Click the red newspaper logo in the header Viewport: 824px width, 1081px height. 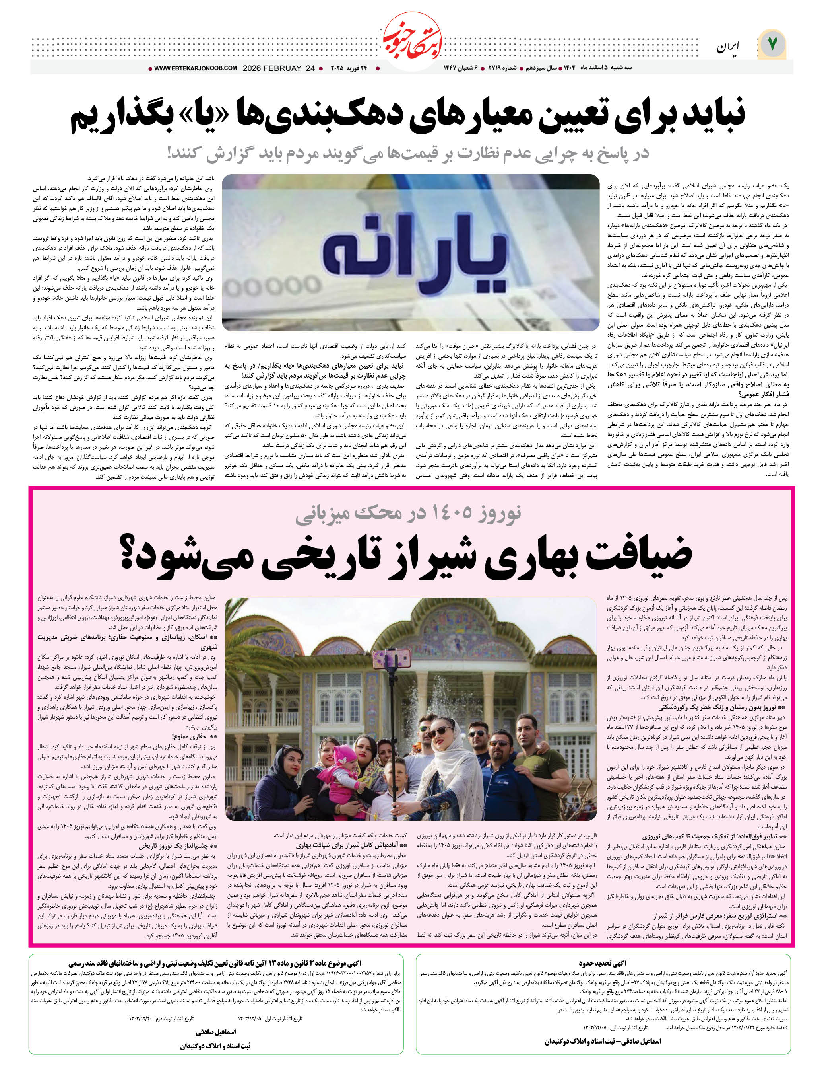click(x=412, y=39)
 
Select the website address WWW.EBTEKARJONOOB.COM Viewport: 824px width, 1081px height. click(x=196, y=68)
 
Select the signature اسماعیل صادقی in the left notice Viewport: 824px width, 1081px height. click(x=215, y=1031)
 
